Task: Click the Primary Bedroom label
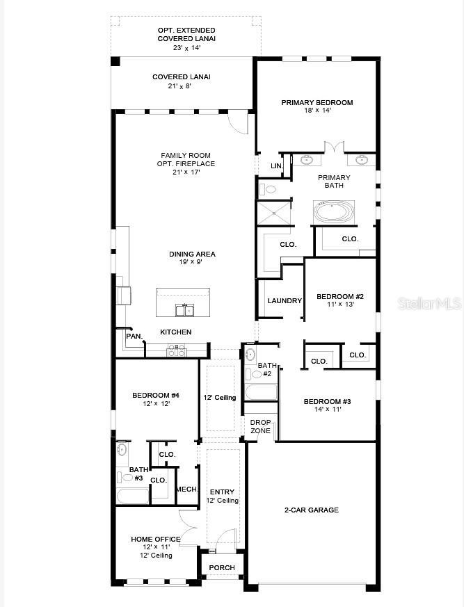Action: tap(317, 103)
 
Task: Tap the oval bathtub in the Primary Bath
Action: tap(334, 211)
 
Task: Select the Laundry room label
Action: tap(285, 301)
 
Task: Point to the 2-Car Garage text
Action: tap(312, 510)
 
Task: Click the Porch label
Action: tap(222, 568)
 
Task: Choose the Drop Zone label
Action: tap(260, 427)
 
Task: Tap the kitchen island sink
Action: tap(184, 310)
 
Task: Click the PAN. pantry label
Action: tap(134, 337)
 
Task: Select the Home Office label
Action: tap(156, 540)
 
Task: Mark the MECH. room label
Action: tap(187, 489)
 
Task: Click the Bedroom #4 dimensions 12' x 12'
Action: tap(156, 404)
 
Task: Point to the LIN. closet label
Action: tap(277, 166)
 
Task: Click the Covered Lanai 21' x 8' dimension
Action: tap(179, 86)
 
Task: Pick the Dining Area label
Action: tap(192, 254)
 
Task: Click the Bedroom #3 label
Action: tap(327, 402)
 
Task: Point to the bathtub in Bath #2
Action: tap(260, 392)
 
